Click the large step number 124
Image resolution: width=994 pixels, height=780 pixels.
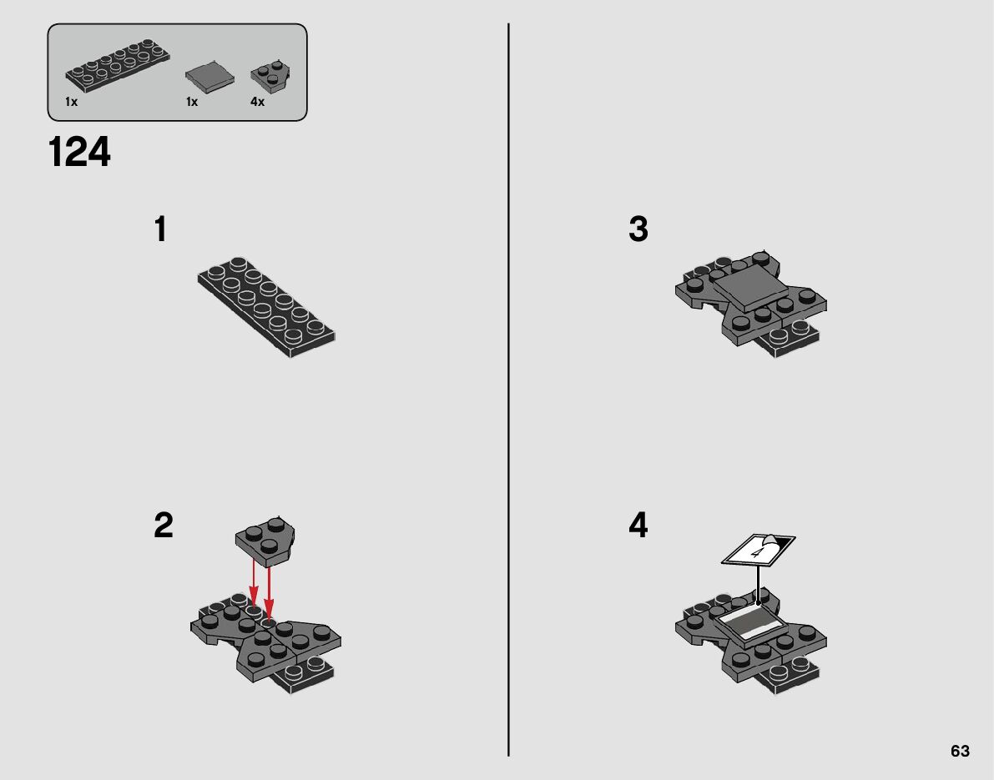(79, 153)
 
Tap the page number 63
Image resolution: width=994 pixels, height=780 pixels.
(960, 751)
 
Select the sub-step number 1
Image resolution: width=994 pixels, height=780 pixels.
(161, 229)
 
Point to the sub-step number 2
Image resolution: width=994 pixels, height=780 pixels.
(164, 526)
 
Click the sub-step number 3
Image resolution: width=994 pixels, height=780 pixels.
(638, 229)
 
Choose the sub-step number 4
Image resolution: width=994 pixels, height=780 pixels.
(638, 526)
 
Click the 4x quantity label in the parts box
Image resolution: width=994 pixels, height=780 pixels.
(257, 102)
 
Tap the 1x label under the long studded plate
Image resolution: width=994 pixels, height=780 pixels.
(71, 102)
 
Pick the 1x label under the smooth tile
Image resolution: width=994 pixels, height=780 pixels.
(192, 102)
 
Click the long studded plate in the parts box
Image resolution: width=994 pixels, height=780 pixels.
(118, 65)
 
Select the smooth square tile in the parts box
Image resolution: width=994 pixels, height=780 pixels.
(209, 78)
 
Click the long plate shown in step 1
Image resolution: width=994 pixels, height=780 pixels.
(267, 307)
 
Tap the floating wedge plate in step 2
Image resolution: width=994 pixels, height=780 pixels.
(265, 541)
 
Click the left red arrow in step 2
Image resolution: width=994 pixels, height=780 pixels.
(253, 584)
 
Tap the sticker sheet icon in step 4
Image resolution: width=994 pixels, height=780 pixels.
(758, 550)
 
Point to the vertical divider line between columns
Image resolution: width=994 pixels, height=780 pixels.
(508, 390)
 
